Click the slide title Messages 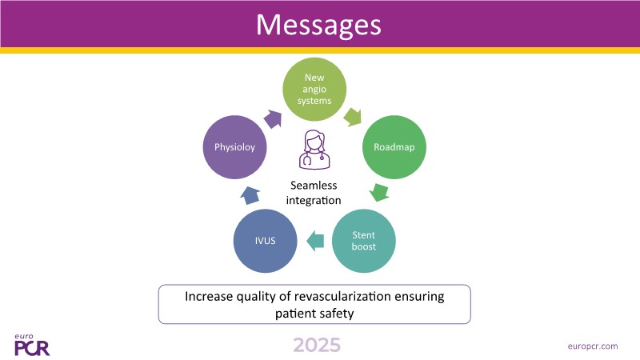point(318,24)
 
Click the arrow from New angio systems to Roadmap point(353,117)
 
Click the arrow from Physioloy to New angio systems point(274,118)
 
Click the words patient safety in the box point(314,313)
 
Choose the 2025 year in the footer point(316,345)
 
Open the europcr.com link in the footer point(591,346)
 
